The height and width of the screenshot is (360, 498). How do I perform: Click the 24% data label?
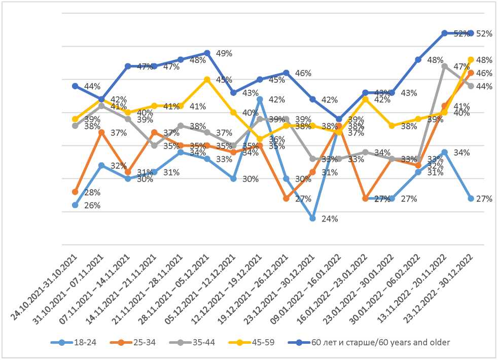(x=330, y=219)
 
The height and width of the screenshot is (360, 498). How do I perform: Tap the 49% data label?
(x=224, y=53)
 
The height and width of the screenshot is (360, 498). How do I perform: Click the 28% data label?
(x=92, y=193)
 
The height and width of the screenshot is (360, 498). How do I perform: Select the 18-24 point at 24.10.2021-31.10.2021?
(x=75, y=205)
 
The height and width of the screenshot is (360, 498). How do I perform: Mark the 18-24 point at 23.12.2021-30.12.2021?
(x=312, y=219)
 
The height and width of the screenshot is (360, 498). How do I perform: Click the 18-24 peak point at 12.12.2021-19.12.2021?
(x=260, y=99)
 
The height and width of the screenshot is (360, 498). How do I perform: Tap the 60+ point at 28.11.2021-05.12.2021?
(x=207, y=53)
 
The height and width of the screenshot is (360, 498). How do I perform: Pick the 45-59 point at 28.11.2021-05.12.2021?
(x=207, y=79)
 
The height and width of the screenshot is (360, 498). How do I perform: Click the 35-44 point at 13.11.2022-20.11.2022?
(x=444, y=66)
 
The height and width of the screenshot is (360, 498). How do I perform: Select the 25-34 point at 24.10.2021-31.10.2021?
(x=75, y=192)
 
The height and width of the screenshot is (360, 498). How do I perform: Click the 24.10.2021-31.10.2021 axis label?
(x=44, y=286)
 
